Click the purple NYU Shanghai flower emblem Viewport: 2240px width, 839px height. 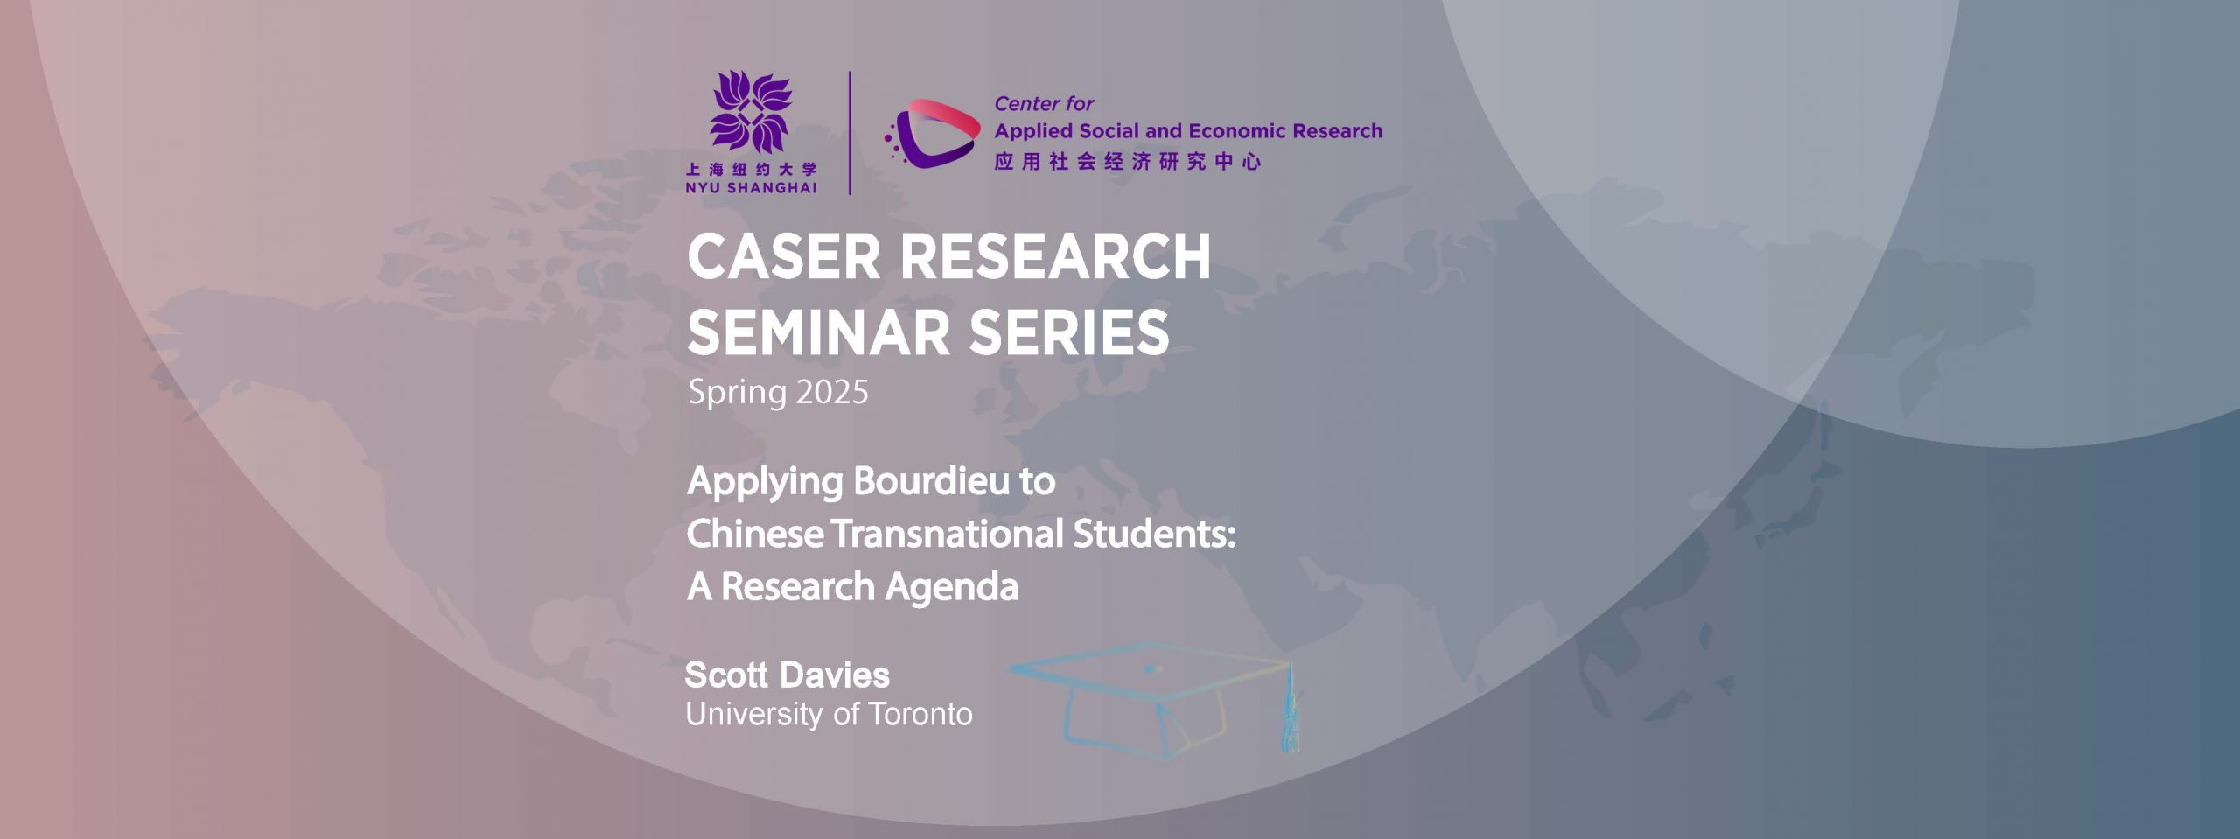coord(751,112)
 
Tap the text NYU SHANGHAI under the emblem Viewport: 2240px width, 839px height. coord(751,188)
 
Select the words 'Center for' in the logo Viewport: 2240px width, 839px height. coord(1044,104)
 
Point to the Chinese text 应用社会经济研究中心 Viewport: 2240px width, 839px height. coord(1128,162)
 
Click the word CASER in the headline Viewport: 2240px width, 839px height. coord(783,257)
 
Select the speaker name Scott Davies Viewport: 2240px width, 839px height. coord(787,675)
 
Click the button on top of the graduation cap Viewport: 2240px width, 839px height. coord(1153,669)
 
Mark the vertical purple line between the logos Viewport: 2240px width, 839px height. coord(850,133)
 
